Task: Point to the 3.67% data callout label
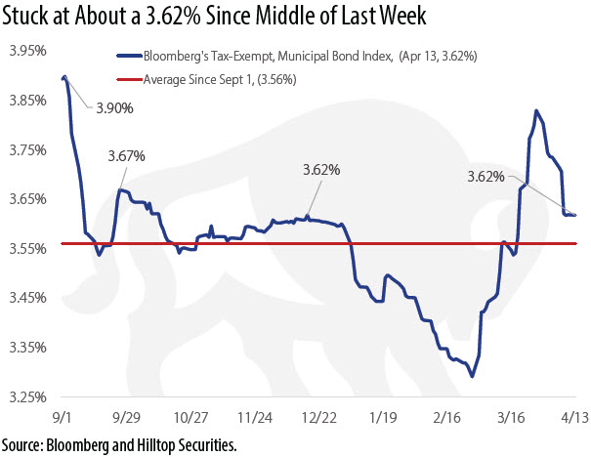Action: [126, 155]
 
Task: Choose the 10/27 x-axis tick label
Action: [191, 417]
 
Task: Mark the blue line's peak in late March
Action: [536, 111]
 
